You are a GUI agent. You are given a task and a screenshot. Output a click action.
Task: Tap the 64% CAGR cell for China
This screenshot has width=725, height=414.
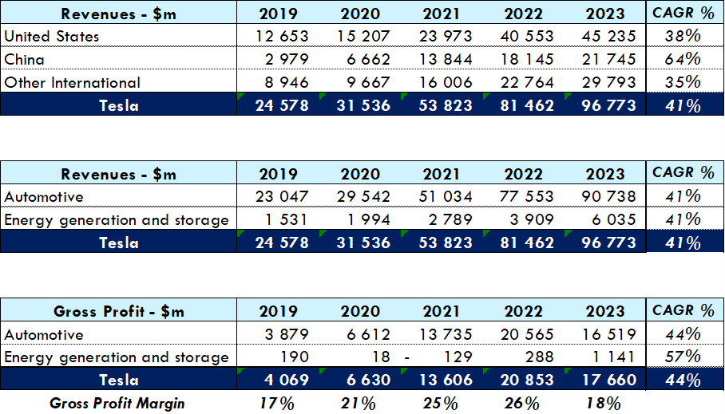pyautogui.click(x=683, y=60)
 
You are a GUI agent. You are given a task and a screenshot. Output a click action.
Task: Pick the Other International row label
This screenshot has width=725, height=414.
pyautogui.click(x=72, y=83)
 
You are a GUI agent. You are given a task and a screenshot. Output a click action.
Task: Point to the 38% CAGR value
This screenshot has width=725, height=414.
pyautogui.click(x=683, y=37)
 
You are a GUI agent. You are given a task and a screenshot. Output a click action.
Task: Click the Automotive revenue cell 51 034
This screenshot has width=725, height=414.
pyautogui.click(x=445, y=197)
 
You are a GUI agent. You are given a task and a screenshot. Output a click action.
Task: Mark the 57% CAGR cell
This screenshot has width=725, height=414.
pyautogui.click(x=683, y=357)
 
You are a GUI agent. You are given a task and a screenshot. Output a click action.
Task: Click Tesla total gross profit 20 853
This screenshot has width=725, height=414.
pyautogui.click(x=526, y=380)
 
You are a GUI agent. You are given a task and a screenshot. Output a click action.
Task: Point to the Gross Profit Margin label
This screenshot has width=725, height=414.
pyautogui.click(x=117, y=404)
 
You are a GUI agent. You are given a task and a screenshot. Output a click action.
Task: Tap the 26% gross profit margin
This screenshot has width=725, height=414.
pyautogui.click(x=521, y=404)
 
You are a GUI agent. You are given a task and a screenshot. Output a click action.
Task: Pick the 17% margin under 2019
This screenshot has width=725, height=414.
pyautogui.click(x=276, y=404)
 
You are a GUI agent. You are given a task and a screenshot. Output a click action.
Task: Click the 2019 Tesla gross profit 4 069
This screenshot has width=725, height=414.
pyautogui.click(x=282, y=380)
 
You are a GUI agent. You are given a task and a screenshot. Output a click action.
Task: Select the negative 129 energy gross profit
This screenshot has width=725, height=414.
pyautogui.click(x=454, y=357)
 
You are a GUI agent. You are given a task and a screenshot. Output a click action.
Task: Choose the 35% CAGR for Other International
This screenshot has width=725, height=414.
pyautogui.click(x=683, y=83)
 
